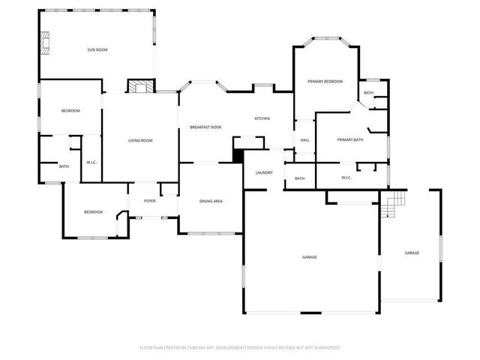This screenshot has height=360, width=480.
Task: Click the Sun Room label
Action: (97, 49)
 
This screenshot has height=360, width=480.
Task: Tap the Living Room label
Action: (140, 140)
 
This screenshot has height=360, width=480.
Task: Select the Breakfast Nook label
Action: (205, 127)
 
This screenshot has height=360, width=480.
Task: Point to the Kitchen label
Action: (262, 118)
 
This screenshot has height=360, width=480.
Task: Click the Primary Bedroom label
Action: (325, 81)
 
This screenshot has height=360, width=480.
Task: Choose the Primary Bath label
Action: (350, 139)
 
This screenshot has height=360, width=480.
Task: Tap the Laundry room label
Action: (264, 172)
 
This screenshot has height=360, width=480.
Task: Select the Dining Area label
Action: (211, 201)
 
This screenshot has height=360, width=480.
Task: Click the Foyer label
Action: (150, 201)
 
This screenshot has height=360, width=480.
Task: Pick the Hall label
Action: (305, 140)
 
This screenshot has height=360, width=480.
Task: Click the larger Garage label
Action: (309, 257)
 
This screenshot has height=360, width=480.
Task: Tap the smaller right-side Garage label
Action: (412, 253)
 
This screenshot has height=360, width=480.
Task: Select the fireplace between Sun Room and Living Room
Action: (138, 87)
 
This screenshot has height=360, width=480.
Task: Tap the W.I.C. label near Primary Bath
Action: (346, 178)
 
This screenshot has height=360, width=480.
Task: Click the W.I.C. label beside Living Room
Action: (91, 162)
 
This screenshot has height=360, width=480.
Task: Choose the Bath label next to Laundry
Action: (299, 178)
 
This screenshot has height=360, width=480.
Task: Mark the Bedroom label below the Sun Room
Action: (70, 111)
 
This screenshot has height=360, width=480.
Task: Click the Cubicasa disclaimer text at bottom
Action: (240, 347)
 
